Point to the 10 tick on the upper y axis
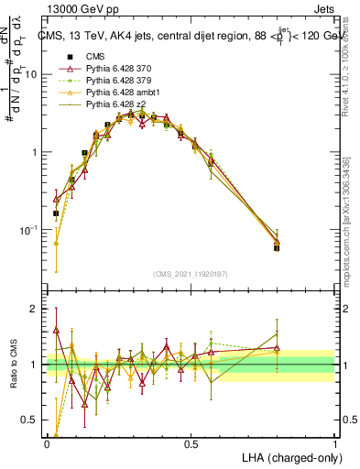click(35, 75)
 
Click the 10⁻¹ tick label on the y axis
click(31, 230)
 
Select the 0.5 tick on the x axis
click(191, 443)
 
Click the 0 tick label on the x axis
click(47, 443)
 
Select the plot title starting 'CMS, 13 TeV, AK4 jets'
click(191, 37)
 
